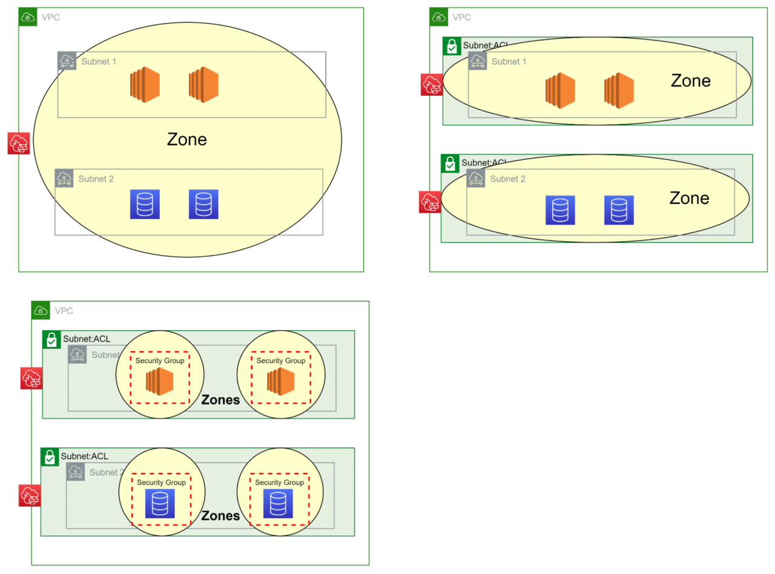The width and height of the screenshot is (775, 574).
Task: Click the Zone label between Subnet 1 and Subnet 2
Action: point(186,140)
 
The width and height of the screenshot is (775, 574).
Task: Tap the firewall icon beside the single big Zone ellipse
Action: point(19,143)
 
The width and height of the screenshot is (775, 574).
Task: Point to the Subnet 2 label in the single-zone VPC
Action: point(96,179)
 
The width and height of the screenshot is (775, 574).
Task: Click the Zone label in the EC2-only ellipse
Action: point(690,81)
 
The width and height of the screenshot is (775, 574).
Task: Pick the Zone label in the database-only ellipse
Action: point(689,199)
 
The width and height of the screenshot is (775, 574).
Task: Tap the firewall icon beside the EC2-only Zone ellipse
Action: point(432,85)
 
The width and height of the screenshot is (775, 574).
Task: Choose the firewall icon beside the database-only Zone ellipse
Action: point(430,202)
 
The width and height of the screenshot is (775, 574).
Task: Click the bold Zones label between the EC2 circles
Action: point(220,400)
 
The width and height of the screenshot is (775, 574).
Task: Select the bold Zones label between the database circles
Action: point(220,516)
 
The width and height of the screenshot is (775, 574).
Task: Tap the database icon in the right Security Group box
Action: point(278,503)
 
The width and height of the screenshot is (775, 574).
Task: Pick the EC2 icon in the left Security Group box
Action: point(160,382)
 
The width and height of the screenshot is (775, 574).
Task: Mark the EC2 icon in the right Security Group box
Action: point(280,382)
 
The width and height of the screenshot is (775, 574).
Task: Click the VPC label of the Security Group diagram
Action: point(64,311)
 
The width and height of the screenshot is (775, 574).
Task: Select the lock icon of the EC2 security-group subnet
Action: point(51,340)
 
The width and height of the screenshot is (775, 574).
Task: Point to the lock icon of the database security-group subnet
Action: point(50,457)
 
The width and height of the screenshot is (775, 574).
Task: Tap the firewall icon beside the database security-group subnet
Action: point(29,495)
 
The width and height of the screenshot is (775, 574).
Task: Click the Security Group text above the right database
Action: point(279,483)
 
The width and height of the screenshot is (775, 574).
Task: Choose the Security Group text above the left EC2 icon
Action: point(160,361)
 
